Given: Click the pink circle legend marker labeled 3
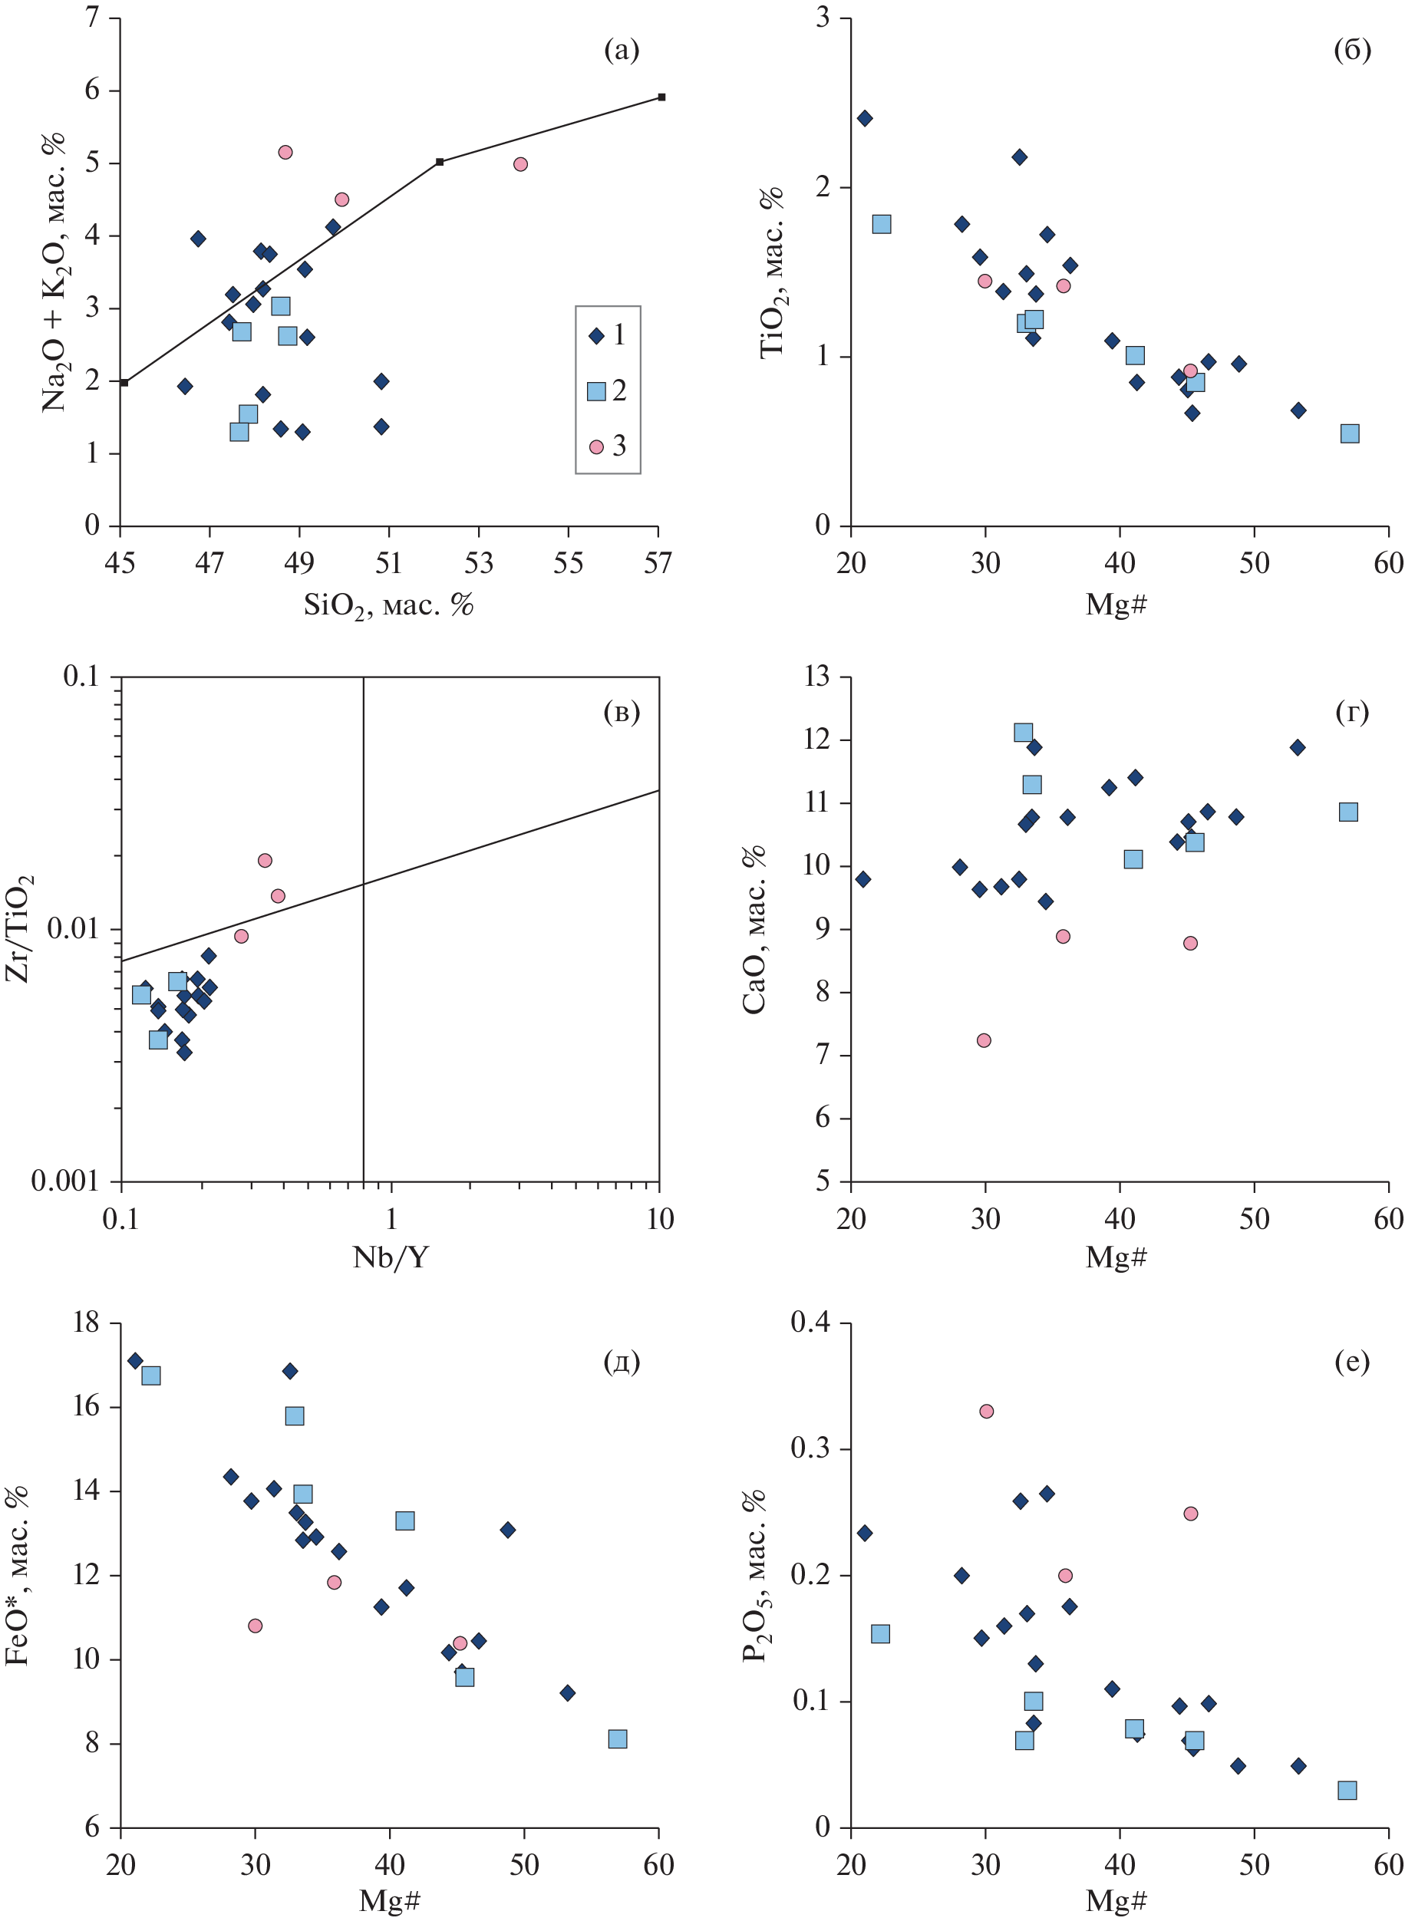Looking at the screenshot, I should click(x=596, y=446).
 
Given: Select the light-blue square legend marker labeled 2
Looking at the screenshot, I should click(x=596, y=391).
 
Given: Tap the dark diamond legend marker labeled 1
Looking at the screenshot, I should click(x=596, y=336).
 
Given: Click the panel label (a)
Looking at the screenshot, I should click(x=622, y=51).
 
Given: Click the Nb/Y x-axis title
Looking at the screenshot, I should click(x=391, y=1257).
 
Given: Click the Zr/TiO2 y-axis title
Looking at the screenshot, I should click(x=18, y=928).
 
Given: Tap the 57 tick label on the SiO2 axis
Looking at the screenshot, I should click(x=658, y=563).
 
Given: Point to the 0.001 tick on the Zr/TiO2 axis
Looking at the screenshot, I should click(x=64, y=1181).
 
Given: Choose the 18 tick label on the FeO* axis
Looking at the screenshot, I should click(x=87, y=1323).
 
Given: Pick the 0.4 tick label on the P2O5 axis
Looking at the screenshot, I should click(x=811, y=1323).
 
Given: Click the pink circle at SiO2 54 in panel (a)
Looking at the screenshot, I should click(x=520, y=164).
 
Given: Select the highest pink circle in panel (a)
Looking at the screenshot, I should click(x=285, y=152).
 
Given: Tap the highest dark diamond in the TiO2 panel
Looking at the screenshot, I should click(x=865, y=118).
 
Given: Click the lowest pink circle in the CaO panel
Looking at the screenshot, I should click(x=984, y=1040).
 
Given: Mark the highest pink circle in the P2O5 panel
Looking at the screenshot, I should click(x=987, y=1412).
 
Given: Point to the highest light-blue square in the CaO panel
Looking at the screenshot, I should click(x=1023, y=733).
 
